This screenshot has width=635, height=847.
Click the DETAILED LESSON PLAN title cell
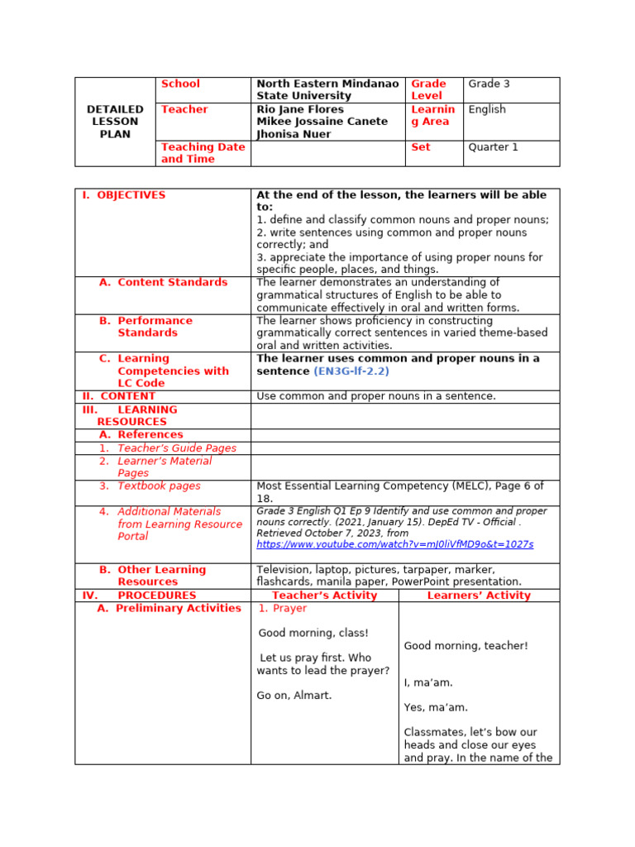coord(115,122)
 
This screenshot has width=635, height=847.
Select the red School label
coord(180,84)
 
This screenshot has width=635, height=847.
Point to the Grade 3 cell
coord(489,84)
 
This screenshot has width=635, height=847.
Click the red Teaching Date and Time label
coord(203,153)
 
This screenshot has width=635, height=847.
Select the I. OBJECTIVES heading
coord(123,195)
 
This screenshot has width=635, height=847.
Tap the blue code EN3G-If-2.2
coord(351,371)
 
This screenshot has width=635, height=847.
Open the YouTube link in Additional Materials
coord(394,544)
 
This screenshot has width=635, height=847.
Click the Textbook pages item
coord(159,486)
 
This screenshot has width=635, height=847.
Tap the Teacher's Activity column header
coord(324,596)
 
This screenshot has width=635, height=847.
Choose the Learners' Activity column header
coord(479,596)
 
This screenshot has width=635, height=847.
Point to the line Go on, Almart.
coord(294,696)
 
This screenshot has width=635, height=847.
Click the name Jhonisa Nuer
coord(294,134)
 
